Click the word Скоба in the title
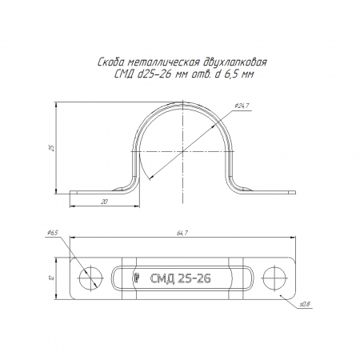point(110,62)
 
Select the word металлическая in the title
point(164,62)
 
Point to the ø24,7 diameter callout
point(242,106)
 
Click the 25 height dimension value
point(52,148)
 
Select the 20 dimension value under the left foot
point(104,202)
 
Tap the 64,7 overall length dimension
point(182,233)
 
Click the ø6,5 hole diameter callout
point(52,233)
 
